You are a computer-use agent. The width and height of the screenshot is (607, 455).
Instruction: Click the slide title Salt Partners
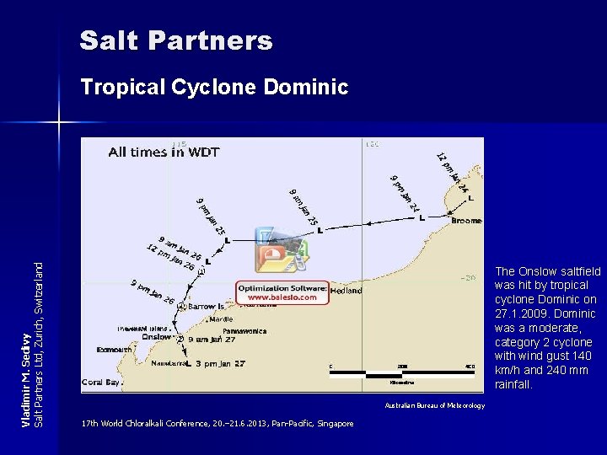pyautogui.click(x=176, y=40)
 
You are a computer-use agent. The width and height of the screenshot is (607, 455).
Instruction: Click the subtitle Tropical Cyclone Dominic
pyautogui.click(x=213, y=87)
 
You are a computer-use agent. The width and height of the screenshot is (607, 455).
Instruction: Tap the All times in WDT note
pyautogui.click(x=164, y=153)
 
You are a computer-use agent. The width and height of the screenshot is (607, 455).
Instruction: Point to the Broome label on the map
pyautogui.click(x=466, y=221)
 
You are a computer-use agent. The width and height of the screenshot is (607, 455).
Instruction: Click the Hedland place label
pyautogui.click(x=346, y=290)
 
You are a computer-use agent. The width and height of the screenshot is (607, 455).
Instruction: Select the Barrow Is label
pyautogui.click(x=207, y=307)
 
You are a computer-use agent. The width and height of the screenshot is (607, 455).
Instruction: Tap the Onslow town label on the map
pyautogui.click(x=158, y=336)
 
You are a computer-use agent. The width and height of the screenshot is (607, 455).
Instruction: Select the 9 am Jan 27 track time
pyautogui.click(x=214, y=339)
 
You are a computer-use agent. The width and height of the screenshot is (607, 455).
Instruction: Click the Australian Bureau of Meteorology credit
pyautogui.click(x=434, y=406)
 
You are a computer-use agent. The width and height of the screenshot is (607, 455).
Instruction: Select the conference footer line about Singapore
pyautogui.click(x=218, y=423)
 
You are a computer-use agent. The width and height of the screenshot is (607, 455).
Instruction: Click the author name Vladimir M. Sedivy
pyautogui.click(x=25, y=379)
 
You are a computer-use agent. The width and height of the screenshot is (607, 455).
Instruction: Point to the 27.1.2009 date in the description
pyautogui.click(x=520, y=313)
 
